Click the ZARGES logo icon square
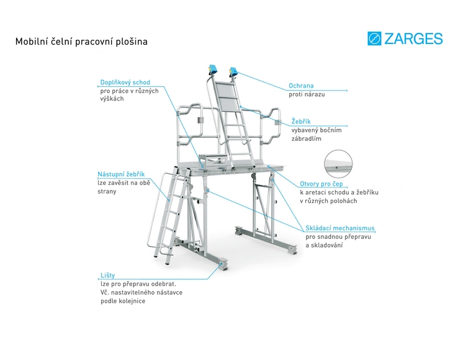pyautogui.click(x=374, y=39)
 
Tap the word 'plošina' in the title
pyautogui.click(x=131, y=42)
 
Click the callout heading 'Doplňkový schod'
pyautogui.click(x=125, y=82)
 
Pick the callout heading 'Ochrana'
pyautogui.click(x=301, y=86)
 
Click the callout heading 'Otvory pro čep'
pyautogui.click(x=321, y=183)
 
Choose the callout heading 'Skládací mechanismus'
pyautogui.click(x=339, y=228)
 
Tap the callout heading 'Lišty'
pyautogui.click(x=107, y=274)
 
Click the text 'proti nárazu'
pyautogui.click(x=307, y=94)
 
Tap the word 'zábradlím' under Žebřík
pyautogui.click(x=306, y=139)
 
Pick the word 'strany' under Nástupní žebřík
pyautogui.click(x=107, y=191)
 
